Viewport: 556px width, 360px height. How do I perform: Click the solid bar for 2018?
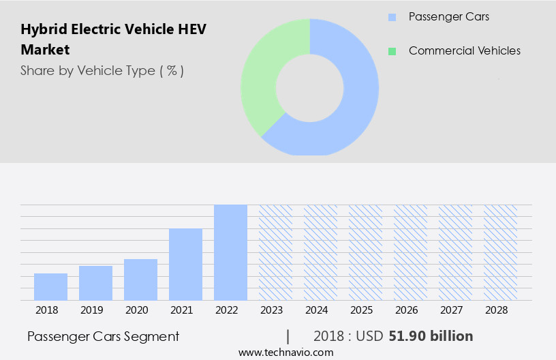tap(50, 286)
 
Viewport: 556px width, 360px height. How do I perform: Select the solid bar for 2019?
tap(95, 283)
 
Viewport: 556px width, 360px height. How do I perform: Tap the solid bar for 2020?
tap(140, 280)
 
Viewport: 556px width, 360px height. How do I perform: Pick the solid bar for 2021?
tap(185, 265)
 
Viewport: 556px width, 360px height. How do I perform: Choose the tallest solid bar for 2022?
tap(230, 252)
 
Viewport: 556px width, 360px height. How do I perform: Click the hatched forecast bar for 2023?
tap(275, 252)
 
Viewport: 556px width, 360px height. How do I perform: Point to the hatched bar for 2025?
tap(365, 252)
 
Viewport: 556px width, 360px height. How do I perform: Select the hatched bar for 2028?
tap(500, 252)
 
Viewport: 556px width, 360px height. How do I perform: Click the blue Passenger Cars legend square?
tap(391, 16)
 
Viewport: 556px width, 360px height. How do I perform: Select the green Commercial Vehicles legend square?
tap(391, 51)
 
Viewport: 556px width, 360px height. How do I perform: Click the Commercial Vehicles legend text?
tap(464, 51)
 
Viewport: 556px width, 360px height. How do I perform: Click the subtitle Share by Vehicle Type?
tap(102, 70)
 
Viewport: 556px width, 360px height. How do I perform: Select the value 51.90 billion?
tap(431, 336)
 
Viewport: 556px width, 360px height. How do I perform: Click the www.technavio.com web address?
tap(286, 352)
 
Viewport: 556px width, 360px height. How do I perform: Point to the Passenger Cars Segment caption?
tap(104, 336)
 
